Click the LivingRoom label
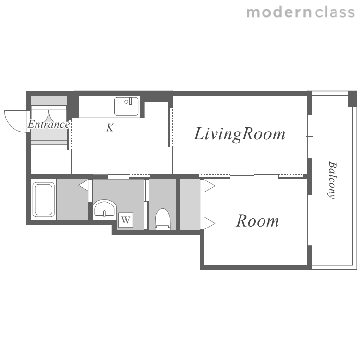[x=240, y=133]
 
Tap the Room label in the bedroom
[x=257, y=221]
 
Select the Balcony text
[x=332, y=180]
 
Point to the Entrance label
[x=48, y=124]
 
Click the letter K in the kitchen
[x=110, y=128]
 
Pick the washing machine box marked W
[x=126, y=220]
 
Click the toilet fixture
[x=163, y=219]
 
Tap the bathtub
[x=44, y=200]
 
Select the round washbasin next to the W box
[x=105, y=209]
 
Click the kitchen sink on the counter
[x=127, y=106]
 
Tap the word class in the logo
[x=335, y=12]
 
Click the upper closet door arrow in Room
[x=209, y=186]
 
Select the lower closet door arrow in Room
[x=209, y=223]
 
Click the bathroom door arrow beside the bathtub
[x=84, y=185]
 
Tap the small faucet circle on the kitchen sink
[x=126, y=102]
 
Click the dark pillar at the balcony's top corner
[x=353, y=99]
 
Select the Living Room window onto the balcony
[x=310, y=137]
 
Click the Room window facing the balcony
[x=310, y=220]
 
